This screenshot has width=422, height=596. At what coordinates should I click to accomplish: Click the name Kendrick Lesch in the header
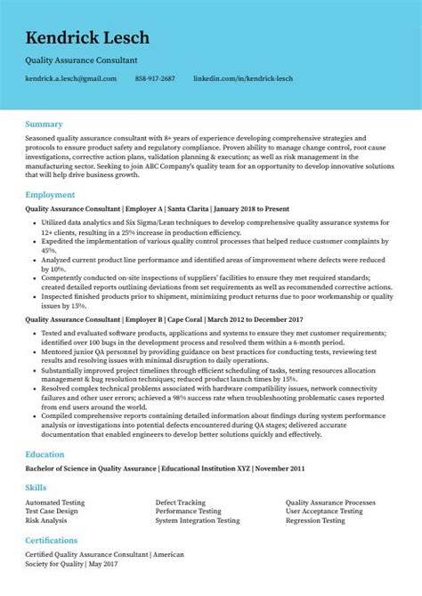(x=87, y=38)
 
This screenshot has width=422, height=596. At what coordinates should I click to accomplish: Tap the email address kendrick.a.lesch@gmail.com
(x=71, y=78)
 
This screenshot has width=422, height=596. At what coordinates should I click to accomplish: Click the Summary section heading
(x=44, y=124)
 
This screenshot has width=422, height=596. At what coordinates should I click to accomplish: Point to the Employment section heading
(x=50, y=194)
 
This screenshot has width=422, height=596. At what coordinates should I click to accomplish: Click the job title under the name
(x=82, y=60)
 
